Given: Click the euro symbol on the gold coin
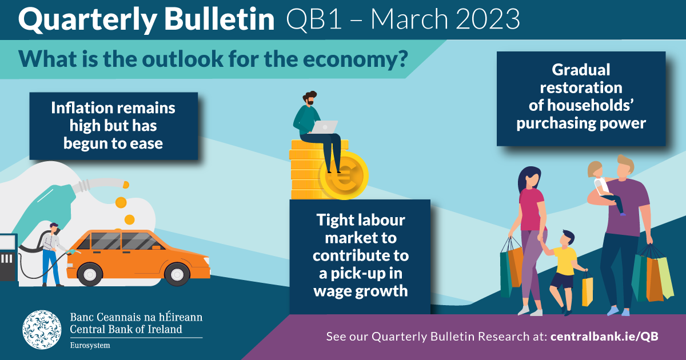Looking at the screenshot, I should pos(343,177).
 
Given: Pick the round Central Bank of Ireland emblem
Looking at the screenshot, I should pos(42,330).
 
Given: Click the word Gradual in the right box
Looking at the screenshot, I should pos(581,70).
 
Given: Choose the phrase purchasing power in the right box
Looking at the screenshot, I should pos(581,123).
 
